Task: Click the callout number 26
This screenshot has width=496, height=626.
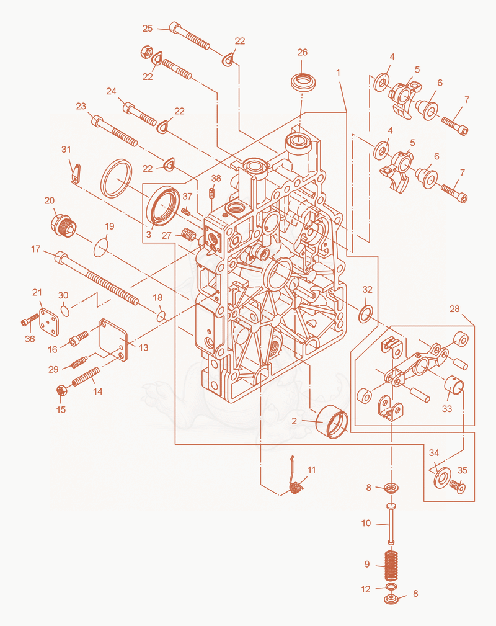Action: click(x=303, y=52)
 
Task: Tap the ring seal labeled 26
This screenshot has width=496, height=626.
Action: click(x=304, y=83)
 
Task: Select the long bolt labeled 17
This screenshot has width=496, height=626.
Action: click(x=97, y=278)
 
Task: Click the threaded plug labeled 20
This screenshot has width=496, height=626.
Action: click(x=63, y=226)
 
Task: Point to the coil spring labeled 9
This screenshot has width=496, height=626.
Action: click(x=392, y=565)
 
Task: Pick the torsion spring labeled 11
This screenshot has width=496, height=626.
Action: click(x=295, y=478)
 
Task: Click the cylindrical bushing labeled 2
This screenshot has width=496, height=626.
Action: click(x=332, y=422)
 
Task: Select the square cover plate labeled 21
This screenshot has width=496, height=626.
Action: click(x=49, y=322)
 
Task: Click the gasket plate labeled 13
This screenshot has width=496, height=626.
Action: click(x=113, y=340)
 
